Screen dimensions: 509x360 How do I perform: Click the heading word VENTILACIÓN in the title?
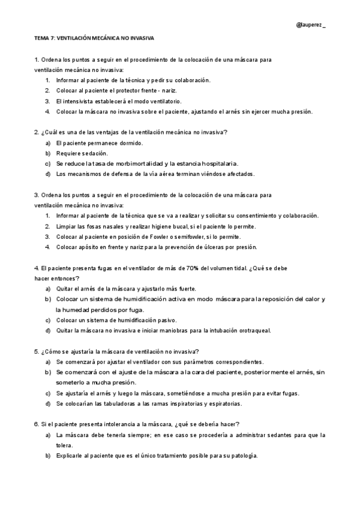[x=77, y=37]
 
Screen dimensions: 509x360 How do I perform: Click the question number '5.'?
[x=37, y=351]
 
